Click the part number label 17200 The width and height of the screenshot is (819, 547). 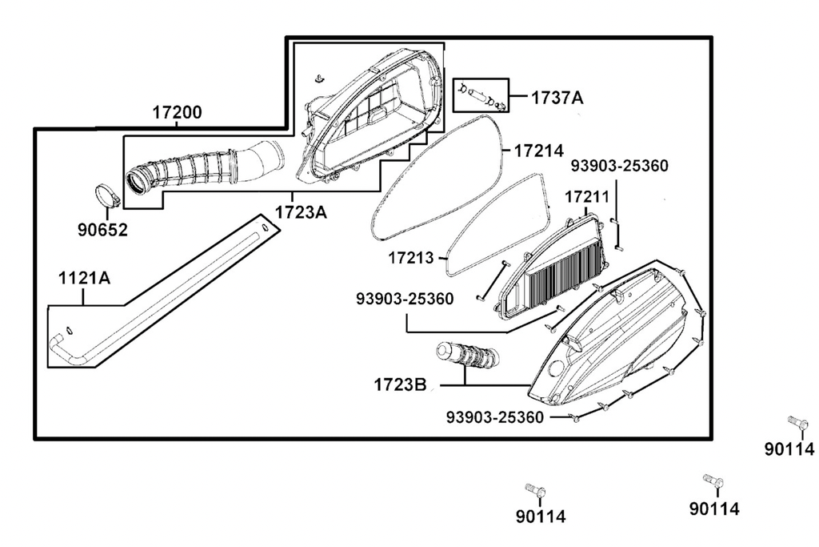177,112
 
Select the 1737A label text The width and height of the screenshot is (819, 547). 557,98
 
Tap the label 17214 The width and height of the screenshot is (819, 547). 539,151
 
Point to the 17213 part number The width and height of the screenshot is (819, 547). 410,258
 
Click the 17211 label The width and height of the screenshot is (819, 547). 587,197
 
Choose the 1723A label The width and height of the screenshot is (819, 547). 301,212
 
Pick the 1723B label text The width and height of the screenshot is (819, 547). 400,385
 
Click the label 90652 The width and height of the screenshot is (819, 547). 102,230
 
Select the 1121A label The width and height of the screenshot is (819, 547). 84,278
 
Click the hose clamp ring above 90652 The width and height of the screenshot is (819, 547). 107,195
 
